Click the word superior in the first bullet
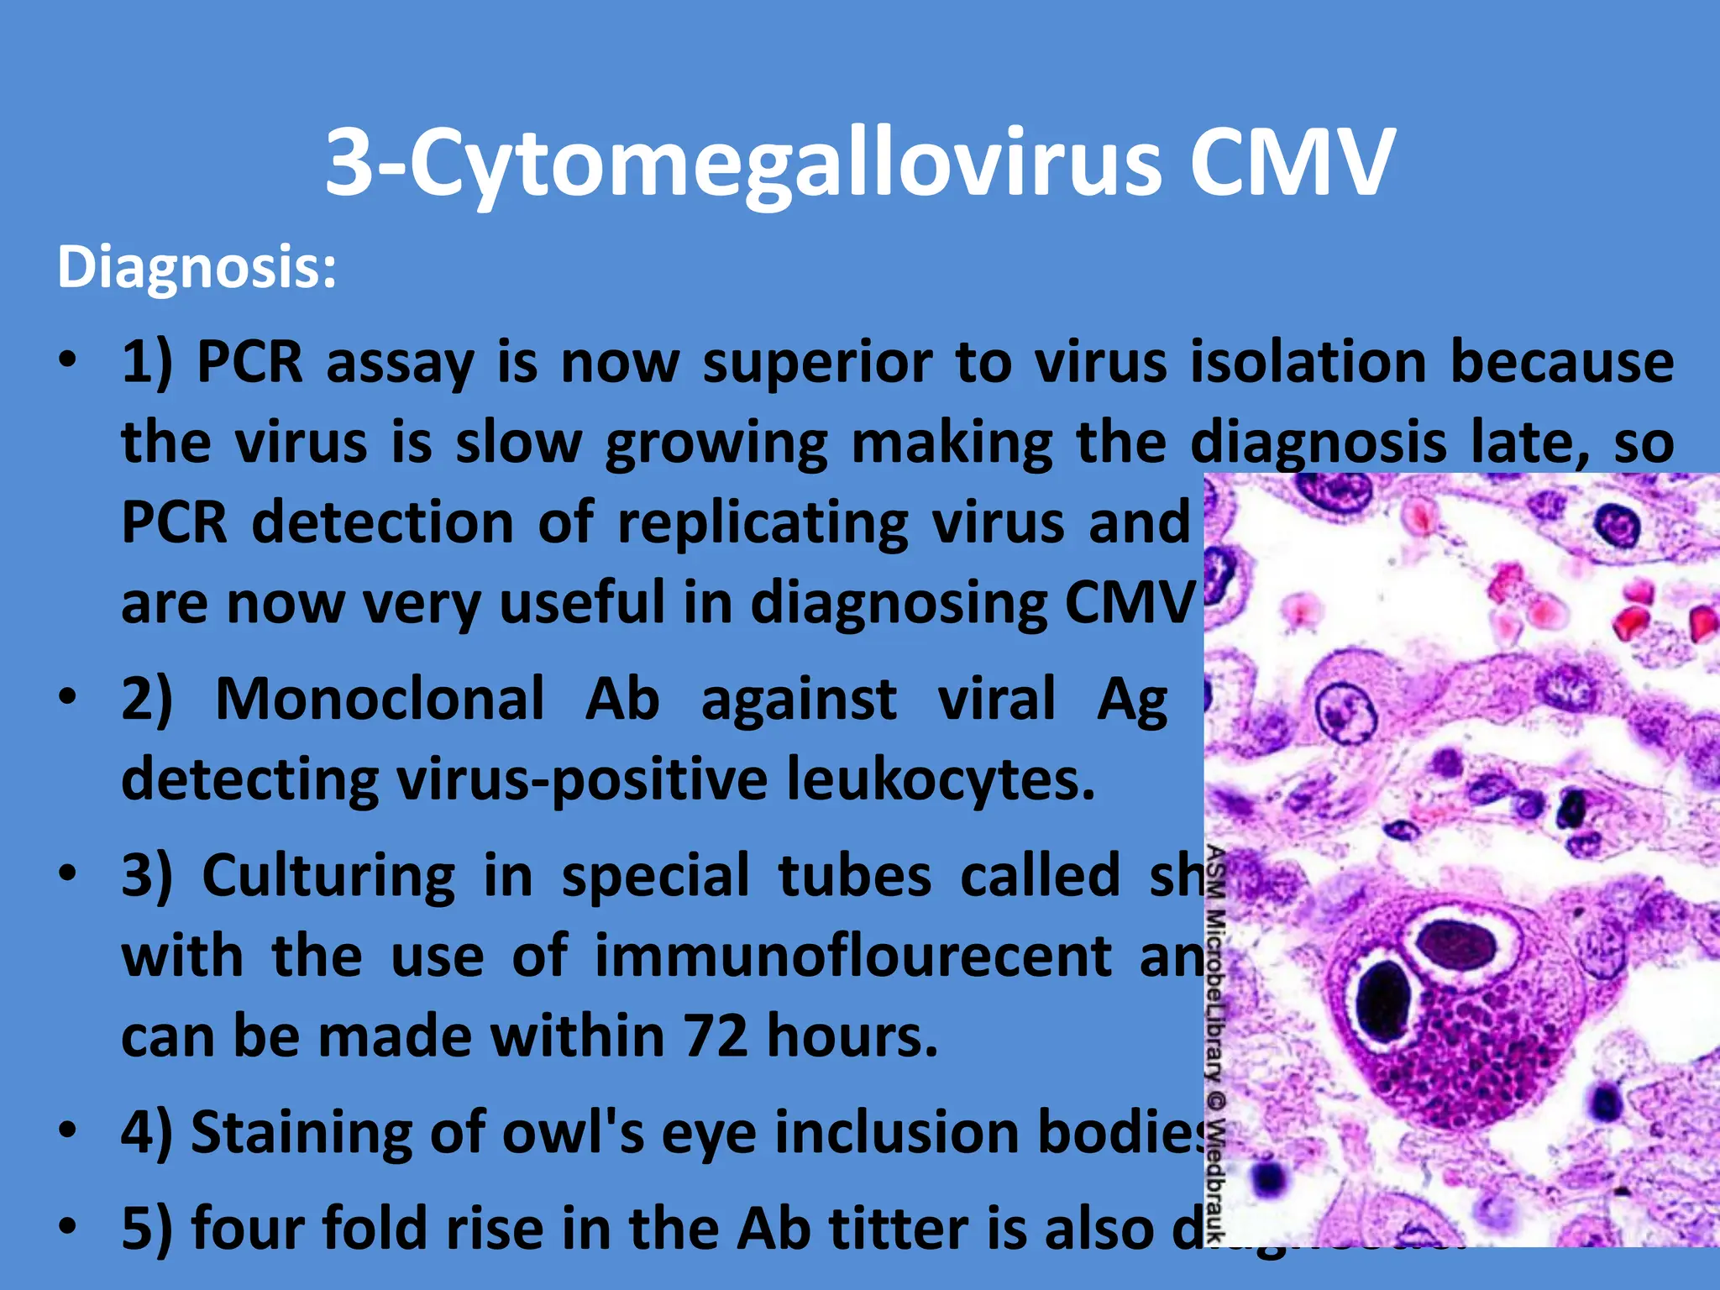[x=817, y=363]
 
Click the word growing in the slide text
[x=716, y=443]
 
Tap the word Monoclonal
[x=380, y=699]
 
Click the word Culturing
[x=329, y=875]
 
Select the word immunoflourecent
[x=853, y=956]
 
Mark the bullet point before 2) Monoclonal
[x=69, y=697]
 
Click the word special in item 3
[x=655, y=875]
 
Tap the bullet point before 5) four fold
[x=69, y=1226]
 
